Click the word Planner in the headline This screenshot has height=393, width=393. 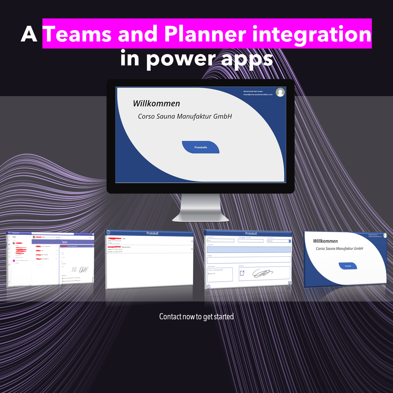205,34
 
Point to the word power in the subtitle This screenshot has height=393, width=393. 181,59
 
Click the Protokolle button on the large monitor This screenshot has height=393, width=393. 200,147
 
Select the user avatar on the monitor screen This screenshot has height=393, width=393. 280,92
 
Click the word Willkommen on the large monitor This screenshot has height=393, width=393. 156,103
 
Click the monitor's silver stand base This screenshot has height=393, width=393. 200,217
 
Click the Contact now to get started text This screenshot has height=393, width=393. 196,317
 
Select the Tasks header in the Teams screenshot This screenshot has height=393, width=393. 64,242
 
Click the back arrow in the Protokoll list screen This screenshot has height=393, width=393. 108,232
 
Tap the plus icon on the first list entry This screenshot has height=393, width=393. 192,241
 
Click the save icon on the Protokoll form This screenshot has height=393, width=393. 289,283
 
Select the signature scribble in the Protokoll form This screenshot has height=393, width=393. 263,273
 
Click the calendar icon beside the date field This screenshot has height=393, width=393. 290,241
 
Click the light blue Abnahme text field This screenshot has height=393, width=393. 249,249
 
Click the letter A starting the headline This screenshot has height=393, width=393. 29,34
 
